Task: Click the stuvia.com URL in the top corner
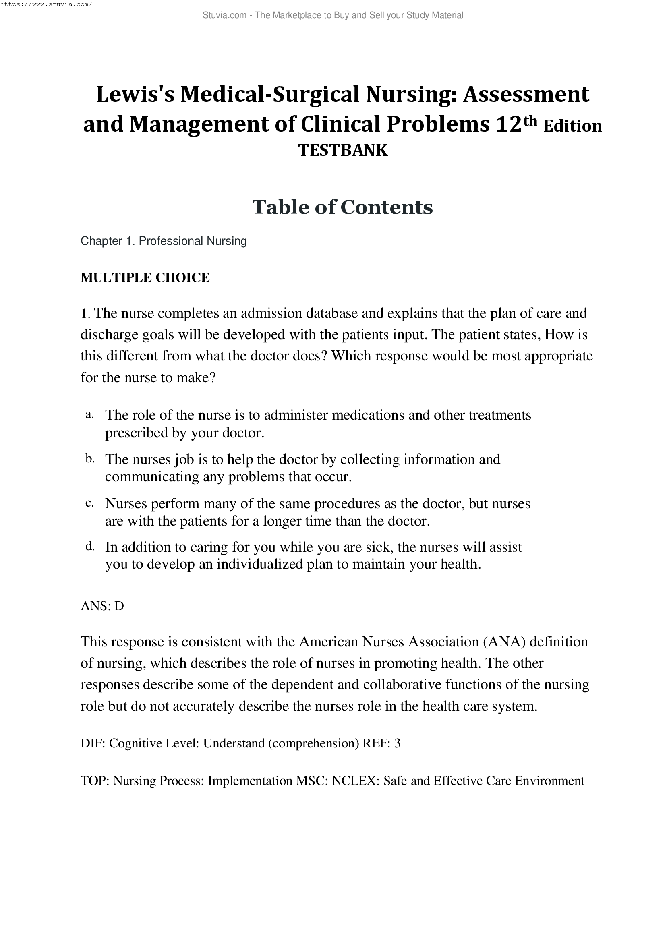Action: coord(46,4)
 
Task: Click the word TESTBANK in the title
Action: coord(342,150)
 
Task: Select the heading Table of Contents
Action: coord(342,207)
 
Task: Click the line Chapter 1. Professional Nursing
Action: coord(164,241)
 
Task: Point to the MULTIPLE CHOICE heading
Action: coord(145,277)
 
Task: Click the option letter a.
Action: coord(89,415)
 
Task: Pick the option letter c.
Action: coord(89,503)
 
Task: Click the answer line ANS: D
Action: coord(102,606)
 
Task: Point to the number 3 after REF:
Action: coord(397,743)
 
